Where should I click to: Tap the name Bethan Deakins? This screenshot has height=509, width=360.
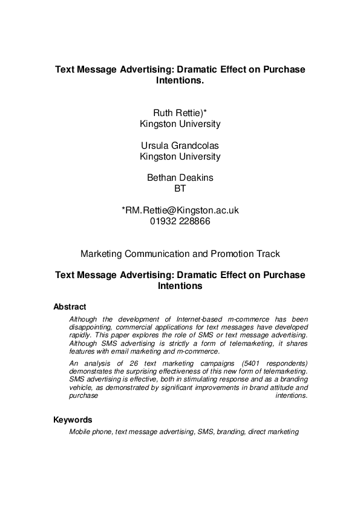coord(180,178)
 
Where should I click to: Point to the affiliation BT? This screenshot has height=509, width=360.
coord(180,189)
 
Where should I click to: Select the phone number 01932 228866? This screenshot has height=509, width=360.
coord(180,221)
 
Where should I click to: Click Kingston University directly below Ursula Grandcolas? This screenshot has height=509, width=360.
coord(180,156)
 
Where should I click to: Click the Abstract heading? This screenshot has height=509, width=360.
coord(70,306)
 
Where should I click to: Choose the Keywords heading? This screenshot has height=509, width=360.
coord(73,420)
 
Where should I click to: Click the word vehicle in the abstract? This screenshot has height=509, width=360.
coord(81,387)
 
